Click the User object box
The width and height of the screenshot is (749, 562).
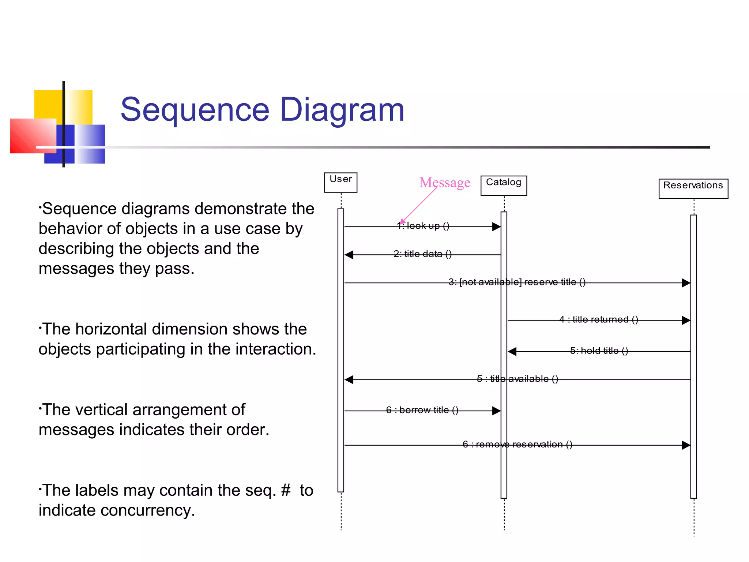(340, 182)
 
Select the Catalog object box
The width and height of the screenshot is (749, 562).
(504, 186)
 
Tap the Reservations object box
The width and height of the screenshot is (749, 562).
(693, 188)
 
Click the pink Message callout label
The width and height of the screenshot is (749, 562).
(445, 182)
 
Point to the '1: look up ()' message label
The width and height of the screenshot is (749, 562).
(423, 226)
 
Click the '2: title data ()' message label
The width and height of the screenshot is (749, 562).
(422, 254)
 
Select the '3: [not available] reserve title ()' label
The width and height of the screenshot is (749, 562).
(517, 282)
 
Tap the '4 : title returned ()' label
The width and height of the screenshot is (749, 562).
(599, 319)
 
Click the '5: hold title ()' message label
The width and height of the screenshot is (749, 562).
(599, 351)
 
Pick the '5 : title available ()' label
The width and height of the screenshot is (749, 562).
(517, 379)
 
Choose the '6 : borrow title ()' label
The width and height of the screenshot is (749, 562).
(422, 410)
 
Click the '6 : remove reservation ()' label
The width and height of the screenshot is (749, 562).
(517, 444)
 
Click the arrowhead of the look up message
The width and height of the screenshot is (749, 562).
(496, 227)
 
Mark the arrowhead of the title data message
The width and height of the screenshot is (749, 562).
(349, 255)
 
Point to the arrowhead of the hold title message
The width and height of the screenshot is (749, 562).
(512, 352)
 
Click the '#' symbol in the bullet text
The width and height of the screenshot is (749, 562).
(286, 490)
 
